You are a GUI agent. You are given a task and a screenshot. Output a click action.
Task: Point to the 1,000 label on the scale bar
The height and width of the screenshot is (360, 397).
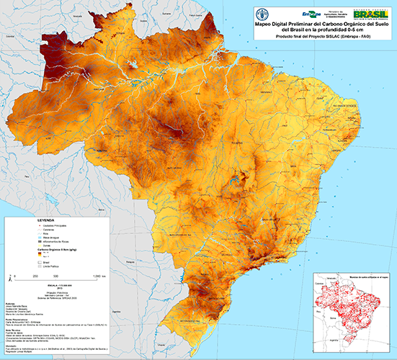point(97,276)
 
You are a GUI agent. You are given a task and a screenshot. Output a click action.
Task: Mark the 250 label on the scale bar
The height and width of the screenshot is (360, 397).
point(35,276)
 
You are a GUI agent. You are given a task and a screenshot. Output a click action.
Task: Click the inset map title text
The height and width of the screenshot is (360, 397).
point(348,276)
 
